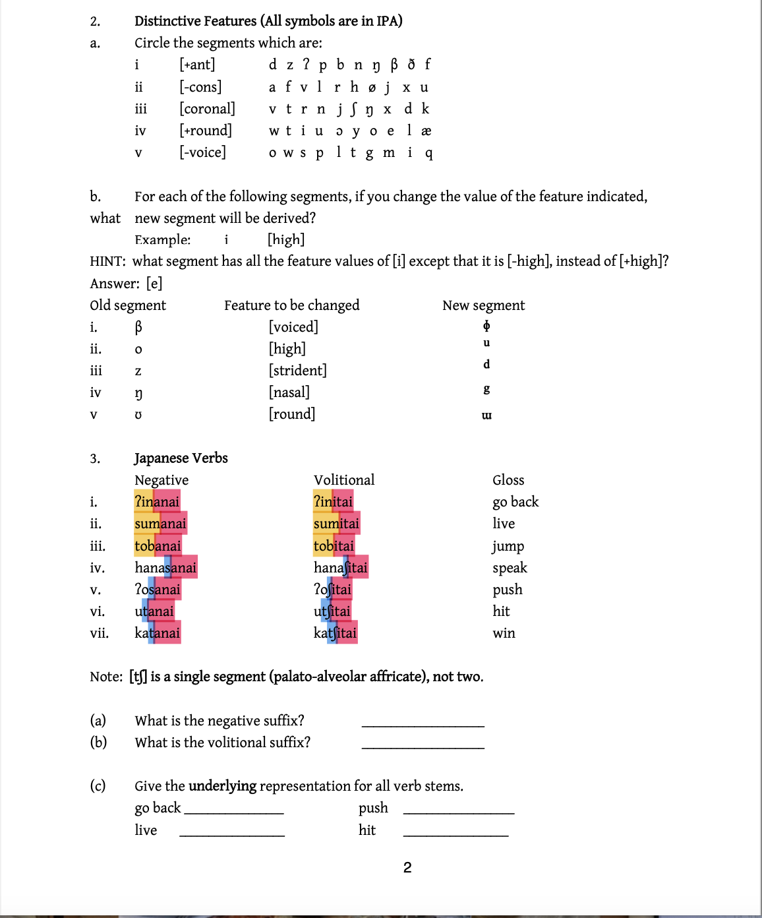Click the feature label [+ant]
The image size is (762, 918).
coord(197,65)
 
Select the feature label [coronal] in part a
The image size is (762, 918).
coord(207,109)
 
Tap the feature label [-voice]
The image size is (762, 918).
coord(202,152)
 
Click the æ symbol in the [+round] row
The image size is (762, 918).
coord(426,131)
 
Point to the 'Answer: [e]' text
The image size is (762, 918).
coord(126,284)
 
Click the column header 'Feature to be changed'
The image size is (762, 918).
coord(291,305)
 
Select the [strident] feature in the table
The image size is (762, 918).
coord(297,371)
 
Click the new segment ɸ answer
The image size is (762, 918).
coord(486,326)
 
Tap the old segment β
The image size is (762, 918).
coord(138,327)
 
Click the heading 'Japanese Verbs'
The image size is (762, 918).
coord(181,458)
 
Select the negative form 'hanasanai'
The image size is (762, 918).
coord(165,568)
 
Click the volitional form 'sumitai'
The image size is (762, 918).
coord(336,524)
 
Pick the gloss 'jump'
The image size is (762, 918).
coord(508,546)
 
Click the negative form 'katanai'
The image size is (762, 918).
coord(157,633)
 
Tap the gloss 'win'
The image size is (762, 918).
coord(504,633)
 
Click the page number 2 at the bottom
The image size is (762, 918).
coord(407,868)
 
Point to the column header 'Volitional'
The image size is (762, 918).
coord(343,480)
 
